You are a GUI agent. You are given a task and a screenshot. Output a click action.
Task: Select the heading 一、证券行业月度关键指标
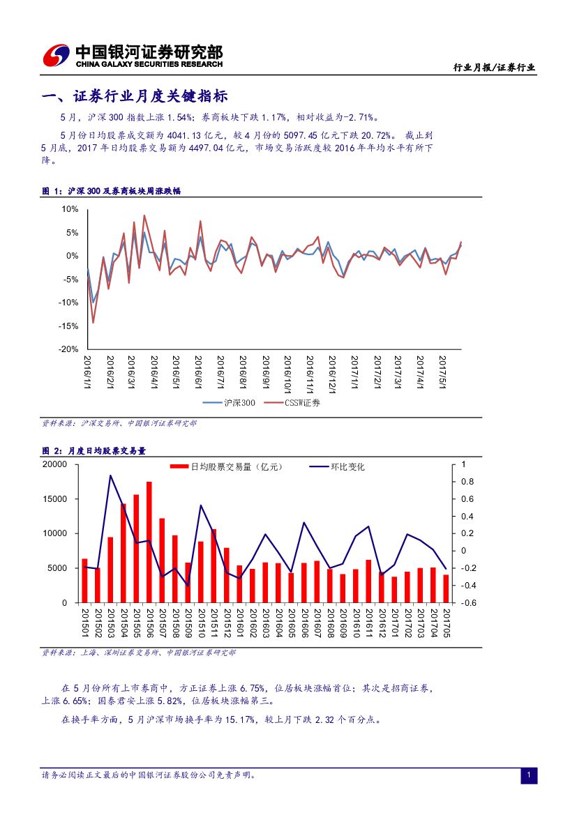(135, 96)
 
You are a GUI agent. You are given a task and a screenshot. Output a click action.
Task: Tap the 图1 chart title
(112, 190)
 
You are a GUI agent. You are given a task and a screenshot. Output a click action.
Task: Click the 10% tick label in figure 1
(70, 209)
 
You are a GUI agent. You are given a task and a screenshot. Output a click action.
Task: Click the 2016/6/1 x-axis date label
(197, 374)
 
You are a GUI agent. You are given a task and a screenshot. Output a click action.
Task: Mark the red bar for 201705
(446, 588)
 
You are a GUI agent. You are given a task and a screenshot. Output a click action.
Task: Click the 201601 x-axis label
(240, 622)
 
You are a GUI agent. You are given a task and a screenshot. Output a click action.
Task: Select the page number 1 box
(529, 776)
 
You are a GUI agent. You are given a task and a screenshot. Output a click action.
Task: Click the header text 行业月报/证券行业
(494, 68)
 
